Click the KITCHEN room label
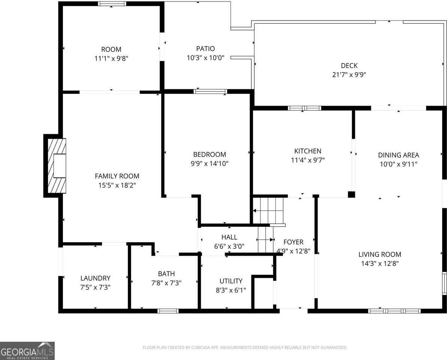(x=308, y=151)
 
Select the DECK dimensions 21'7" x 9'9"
(x=349, y=75)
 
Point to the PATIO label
(x=205, y=49)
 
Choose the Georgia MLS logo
(x=27, y=351)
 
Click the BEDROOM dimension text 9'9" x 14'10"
(x=209, y=163)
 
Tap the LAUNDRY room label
(x=95, y=278)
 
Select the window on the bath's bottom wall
(x=168, y=310)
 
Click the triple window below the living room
(x=394, y=310)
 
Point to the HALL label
(x=229, y=237)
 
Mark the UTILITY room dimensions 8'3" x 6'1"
(x=230, y=290)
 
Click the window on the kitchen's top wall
(x=304, y=108)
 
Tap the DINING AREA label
(x=398, y=155)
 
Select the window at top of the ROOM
(x=112, y=4)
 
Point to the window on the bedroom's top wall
(x=210, y=91)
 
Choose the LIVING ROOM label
(x=380, y=254)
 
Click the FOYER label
(x=293, y=242)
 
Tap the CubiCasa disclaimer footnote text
(x=245, y=348)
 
